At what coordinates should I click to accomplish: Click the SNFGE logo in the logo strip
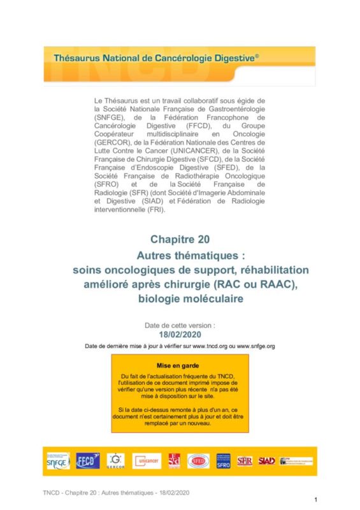click(x=57, y=460)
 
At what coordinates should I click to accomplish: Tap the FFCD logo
click(x=87, y=460)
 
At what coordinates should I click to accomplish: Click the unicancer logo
click(x=147, y=460)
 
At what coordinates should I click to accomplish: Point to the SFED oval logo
click(x=198, y=460)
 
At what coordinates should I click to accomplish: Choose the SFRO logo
click(x=223, y=460)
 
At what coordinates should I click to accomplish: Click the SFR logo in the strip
click(x=245, y=460)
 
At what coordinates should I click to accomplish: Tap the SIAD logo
click(x=267, y=460)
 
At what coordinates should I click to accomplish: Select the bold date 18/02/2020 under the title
click(x=180, y=333)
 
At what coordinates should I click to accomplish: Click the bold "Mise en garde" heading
click(x=180, y=367)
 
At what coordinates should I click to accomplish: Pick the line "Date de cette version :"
click(x=180, y=324)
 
